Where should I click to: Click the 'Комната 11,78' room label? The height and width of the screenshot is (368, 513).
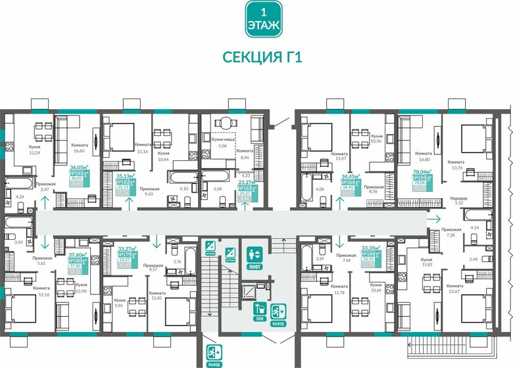click(x=339, y=289)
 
